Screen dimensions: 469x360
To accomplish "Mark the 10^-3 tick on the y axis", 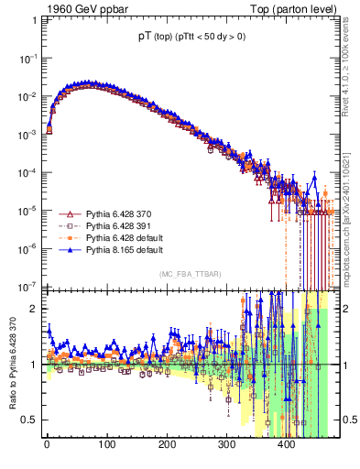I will (29, 133).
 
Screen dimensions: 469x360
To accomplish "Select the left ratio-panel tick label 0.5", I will (31, 420).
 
